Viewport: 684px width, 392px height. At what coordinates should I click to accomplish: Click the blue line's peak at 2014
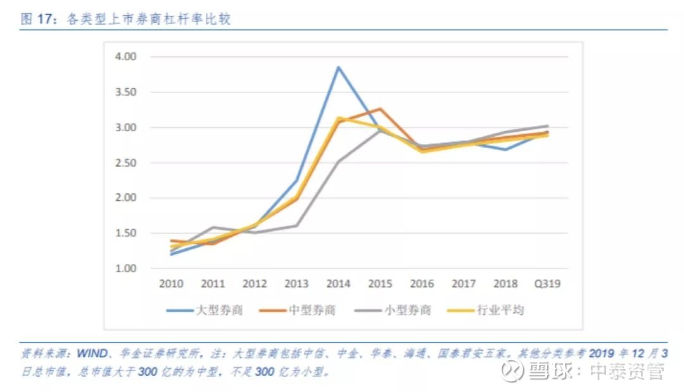[338, 67]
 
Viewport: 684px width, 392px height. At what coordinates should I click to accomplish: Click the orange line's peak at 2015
[381, 108]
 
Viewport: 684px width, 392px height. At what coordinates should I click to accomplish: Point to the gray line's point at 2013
[296, 226]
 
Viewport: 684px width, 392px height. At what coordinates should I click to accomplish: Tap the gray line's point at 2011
[213, 227]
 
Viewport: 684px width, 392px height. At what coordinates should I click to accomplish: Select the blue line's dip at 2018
[505, 149]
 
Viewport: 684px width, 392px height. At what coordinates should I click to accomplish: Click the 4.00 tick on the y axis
[125, 57]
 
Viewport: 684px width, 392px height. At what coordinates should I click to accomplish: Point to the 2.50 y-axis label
[125, 163]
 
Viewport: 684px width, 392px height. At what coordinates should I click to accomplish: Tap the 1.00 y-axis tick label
[125, 268]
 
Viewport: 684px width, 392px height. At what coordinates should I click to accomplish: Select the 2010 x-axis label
[171, 284]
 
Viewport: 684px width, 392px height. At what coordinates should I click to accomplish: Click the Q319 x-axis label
[547, 284]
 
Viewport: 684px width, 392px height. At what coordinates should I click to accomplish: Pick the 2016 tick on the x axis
[422, 284]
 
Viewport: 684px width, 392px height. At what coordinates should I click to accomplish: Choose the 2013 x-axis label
[296, 284]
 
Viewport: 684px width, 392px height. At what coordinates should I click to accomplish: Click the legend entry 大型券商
[205, 310]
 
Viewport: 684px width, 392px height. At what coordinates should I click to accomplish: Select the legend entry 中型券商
[297, 310]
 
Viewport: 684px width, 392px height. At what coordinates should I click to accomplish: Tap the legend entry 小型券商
[393, 310]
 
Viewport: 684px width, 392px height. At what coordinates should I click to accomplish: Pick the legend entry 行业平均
[486, 310]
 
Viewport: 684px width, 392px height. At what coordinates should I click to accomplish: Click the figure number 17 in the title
[44, 19]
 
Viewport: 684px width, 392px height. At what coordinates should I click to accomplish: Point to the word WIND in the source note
[92, 353]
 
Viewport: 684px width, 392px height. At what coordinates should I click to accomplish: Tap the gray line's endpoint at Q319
[547, 126]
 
